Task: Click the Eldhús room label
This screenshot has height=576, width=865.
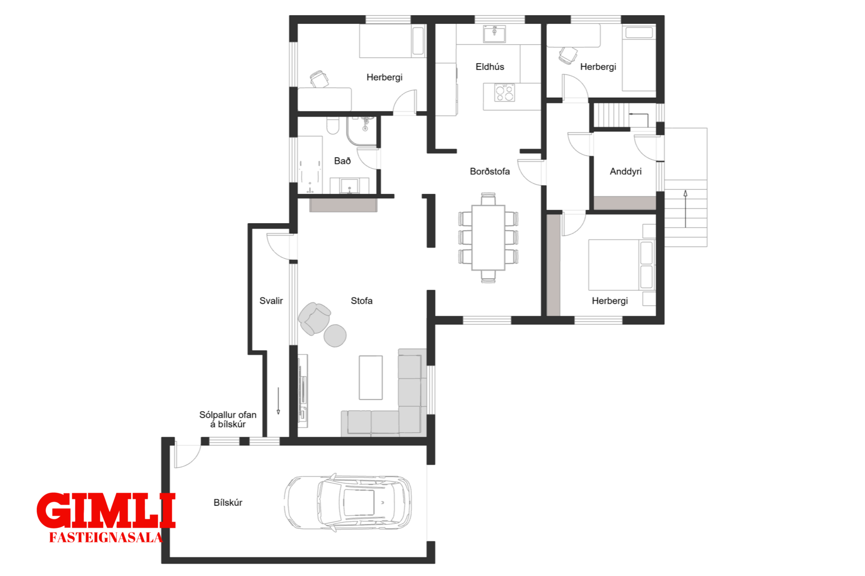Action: coord(490,67)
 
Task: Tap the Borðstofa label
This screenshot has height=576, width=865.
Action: coord(490,171)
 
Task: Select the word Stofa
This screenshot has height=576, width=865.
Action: coord(362,301)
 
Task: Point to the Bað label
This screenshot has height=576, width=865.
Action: coord(342,161)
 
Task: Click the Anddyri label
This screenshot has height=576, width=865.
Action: coord(626,171)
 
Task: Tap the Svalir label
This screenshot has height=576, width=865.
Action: coord(271,301)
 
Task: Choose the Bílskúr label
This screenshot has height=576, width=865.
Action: coord(228,503)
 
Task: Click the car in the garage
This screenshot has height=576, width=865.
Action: coord(348,503)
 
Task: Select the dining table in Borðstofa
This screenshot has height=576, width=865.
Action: coord(488,238)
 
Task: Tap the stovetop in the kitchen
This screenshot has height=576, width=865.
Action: coord(505,92)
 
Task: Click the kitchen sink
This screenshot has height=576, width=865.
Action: coord(494,34)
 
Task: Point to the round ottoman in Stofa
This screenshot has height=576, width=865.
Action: coord(335,336)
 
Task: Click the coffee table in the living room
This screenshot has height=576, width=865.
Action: coord(371,378)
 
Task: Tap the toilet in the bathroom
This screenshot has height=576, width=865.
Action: coord(332,125)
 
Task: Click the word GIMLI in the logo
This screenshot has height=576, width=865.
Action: coord(106,511)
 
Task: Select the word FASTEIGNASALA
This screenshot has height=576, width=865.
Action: coord(106,538)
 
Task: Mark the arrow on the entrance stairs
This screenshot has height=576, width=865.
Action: coord(686,209)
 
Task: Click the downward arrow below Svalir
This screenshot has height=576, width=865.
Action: coord(278,401)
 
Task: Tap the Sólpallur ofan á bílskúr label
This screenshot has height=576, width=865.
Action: coord(228,420)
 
